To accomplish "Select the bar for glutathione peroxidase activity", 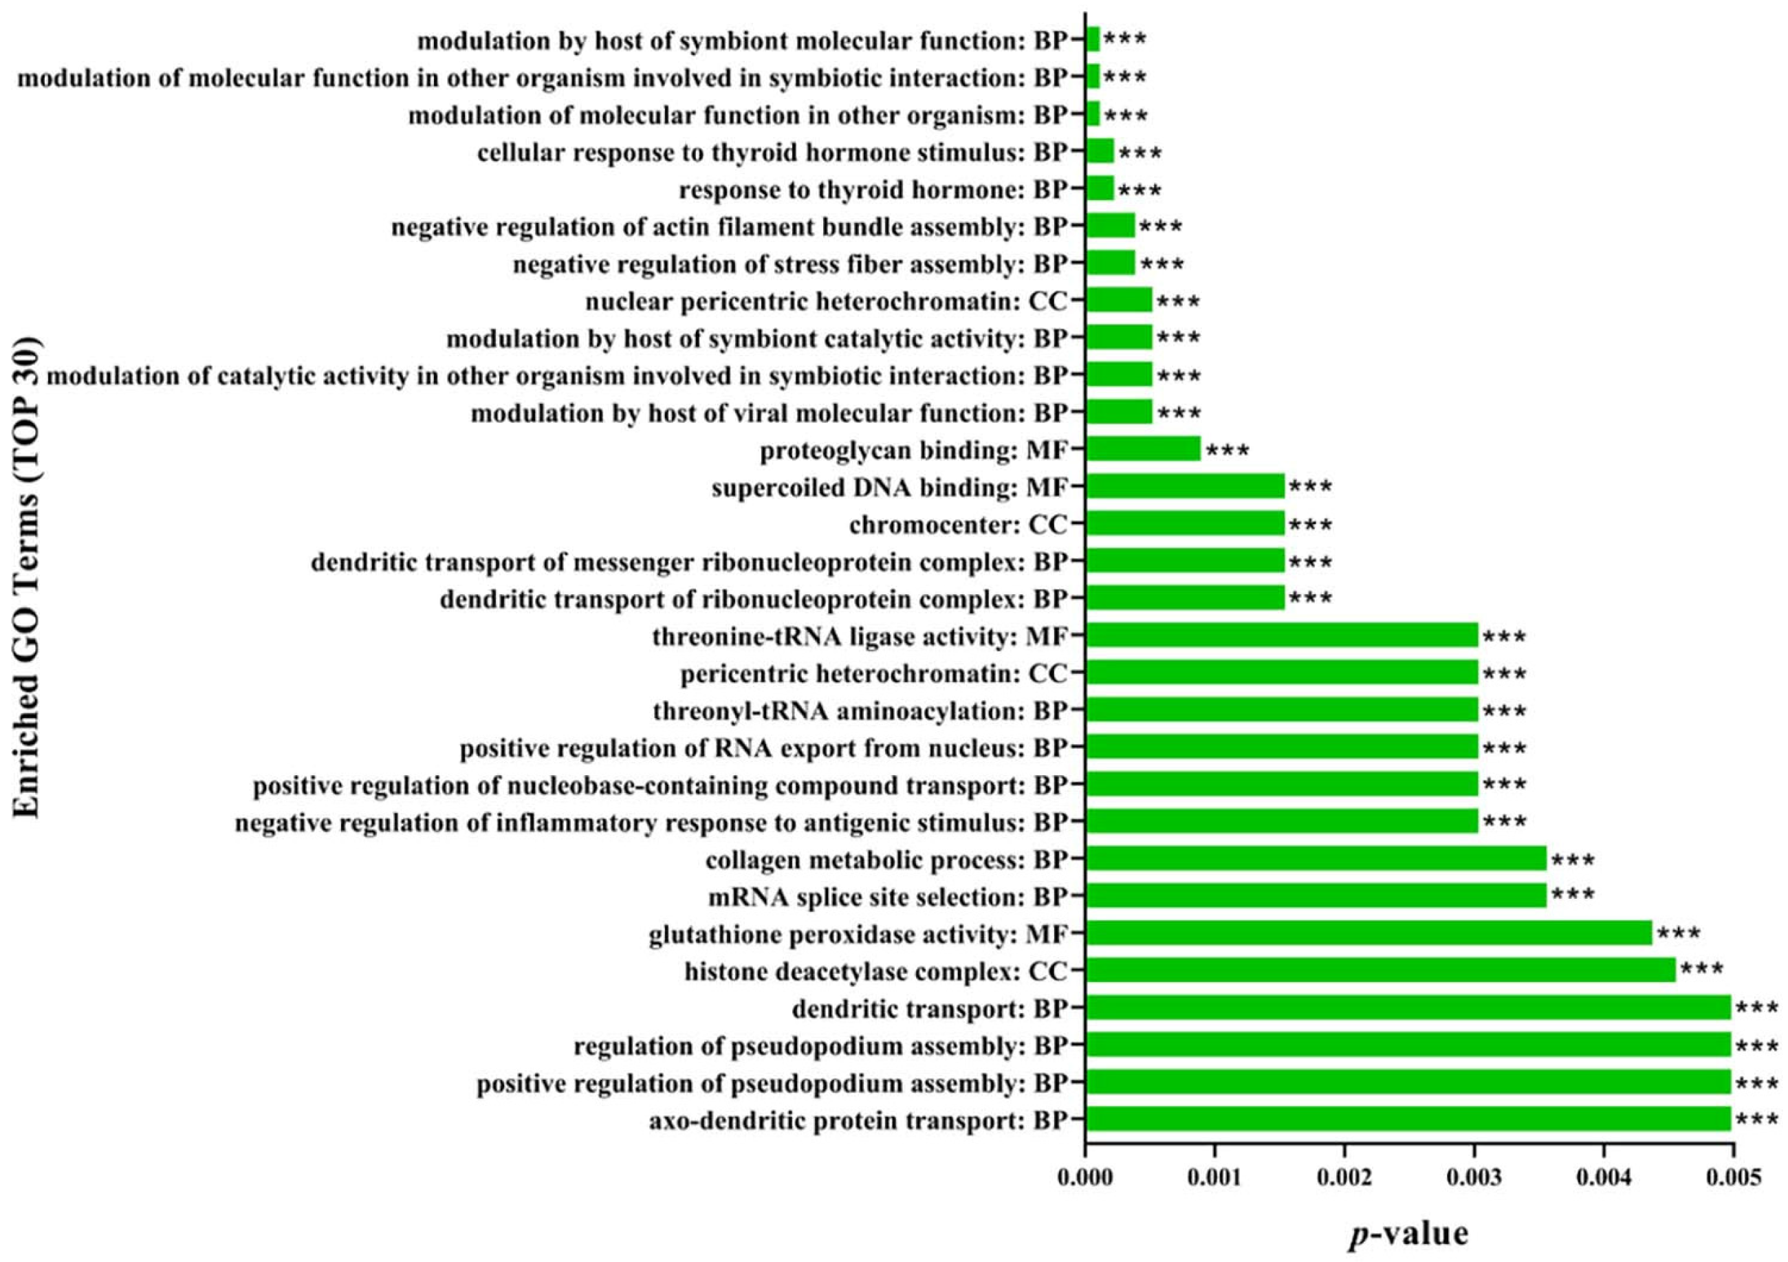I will click(x=1369, y=933).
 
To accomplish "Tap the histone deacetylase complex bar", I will click(x=1380, y=970).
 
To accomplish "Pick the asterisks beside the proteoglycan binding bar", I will click(x=1228, y=451).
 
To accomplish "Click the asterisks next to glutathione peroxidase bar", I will click(x=1679, y=934).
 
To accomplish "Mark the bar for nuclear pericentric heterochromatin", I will click(x=1118, y=301).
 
